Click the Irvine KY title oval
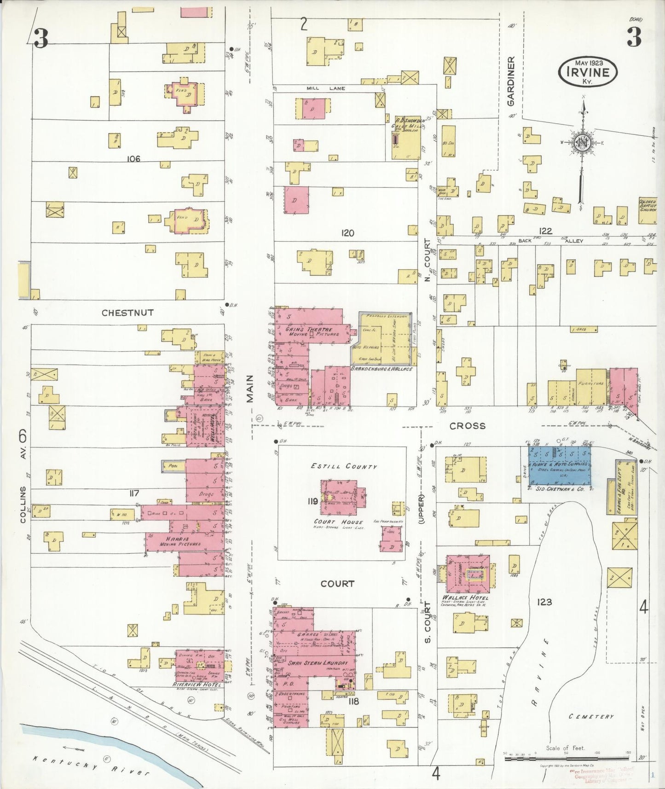pyautogui.click(x=588, y=72)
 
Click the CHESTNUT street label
pyautogui.click(x=127, y=313)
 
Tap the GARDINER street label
pyautogui.click(x=511, y=81)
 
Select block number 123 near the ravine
pyautogui.click(x=544, y=602)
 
